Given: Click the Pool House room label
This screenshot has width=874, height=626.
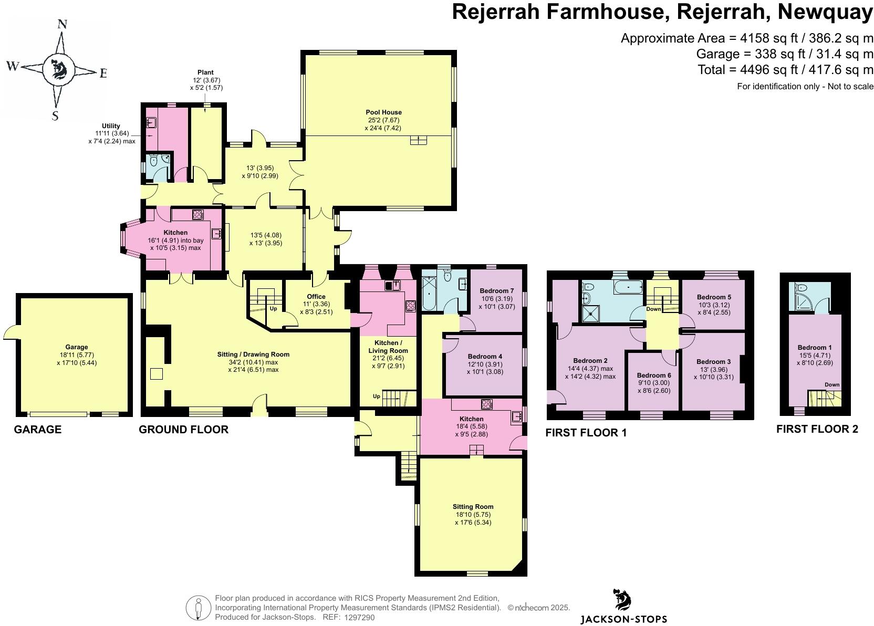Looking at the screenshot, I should (383, 112).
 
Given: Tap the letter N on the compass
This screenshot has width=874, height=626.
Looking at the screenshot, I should (62, 24).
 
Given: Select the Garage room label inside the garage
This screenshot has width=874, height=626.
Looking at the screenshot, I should (77, 347).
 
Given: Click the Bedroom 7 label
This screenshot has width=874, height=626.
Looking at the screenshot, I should (496, 290).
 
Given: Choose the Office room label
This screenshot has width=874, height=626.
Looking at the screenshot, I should (316, 296).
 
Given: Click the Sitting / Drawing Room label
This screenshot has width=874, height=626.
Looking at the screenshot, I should (253, 354).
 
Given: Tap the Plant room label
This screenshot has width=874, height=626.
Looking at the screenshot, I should (205, 72).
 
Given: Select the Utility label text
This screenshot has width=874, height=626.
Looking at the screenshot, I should (111, 126).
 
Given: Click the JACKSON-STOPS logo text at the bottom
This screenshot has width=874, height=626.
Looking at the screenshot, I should (623, 619).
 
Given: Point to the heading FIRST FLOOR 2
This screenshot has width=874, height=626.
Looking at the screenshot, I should (817, 429).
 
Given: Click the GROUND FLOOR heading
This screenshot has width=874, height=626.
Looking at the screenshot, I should (183, 430).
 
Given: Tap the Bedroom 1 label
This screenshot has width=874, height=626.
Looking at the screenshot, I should (814, 347).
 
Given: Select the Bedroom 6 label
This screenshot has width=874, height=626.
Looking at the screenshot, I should (654, 375).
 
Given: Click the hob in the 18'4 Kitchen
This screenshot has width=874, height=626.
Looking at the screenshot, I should (487, 404).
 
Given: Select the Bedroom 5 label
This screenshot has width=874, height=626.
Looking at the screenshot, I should (714, 297).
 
